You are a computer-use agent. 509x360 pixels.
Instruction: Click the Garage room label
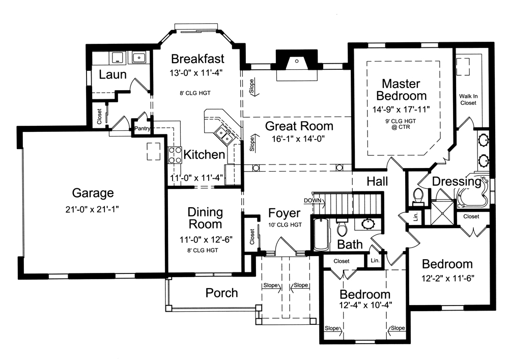click(x=93, y=193)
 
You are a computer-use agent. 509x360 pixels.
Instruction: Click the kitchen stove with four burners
click(x=175, y=154)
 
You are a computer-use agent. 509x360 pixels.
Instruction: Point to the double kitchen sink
click(x=223, y=134)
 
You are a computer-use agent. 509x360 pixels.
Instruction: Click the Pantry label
click(x=142, y=129)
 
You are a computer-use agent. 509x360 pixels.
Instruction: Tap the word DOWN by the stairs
click(x=313, y=200)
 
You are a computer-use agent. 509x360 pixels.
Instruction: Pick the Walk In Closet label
click(x=468, y=99)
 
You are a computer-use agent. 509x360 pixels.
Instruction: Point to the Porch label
click(x=221, y=293)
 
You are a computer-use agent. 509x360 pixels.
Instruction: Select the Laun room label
click(x=112, y=75)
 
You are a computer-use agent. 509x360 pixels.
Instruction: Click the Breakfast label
click(x=197, y=58)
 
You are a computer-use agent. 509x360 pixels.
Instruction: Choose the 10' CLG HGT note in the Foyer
click(x=285, y=225)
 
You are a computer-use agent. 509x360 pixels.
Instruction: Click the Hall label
click(x=377, y=181)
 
